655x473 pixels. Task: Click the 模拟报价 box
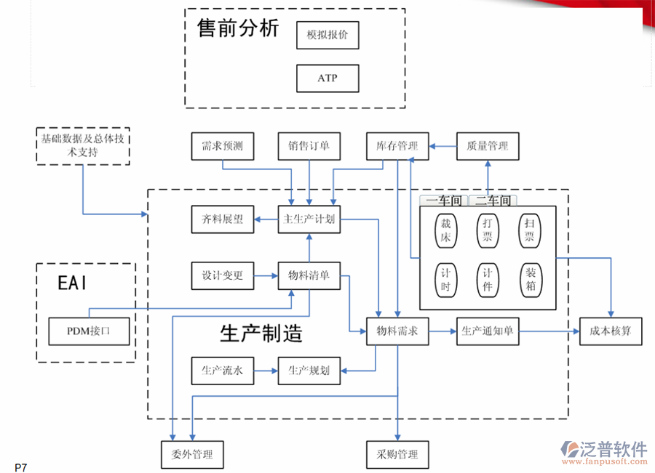coord(327,35)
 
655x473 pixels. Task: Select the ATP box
coord(327,78)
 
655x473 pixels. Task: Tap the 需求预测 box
coord(222,146)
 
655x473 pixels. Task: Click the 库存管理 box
coord(397,146)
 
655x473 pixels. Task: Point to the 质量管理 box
coord(488,146)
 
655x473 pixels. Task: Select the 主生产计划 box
coord(309,219)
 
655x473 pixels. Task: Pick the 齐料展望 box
coord(222,219)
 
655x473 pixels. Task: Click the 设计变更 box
coord(222,275)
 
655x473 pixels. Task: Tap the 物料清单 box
coord(309,275)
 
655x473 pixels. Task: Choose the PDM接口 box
coord(89,331)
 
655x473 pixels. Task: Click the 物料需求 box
coord(397,331)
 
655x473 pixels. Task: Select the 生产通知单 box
coord(488,331)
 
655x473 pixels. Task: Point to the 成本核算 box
coord(611,331)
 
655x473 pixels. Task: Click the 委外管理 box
coord(192,454)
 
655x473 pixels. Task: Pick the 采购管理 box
coord(397,454)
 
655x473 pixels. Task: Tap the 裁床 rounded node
coord(445,231)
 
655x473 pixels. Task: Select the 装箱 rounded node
coord(531,279)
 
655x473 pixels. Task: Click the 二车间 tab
coord(493,201)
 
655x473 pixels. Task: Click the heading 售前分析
coord(237,29)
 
